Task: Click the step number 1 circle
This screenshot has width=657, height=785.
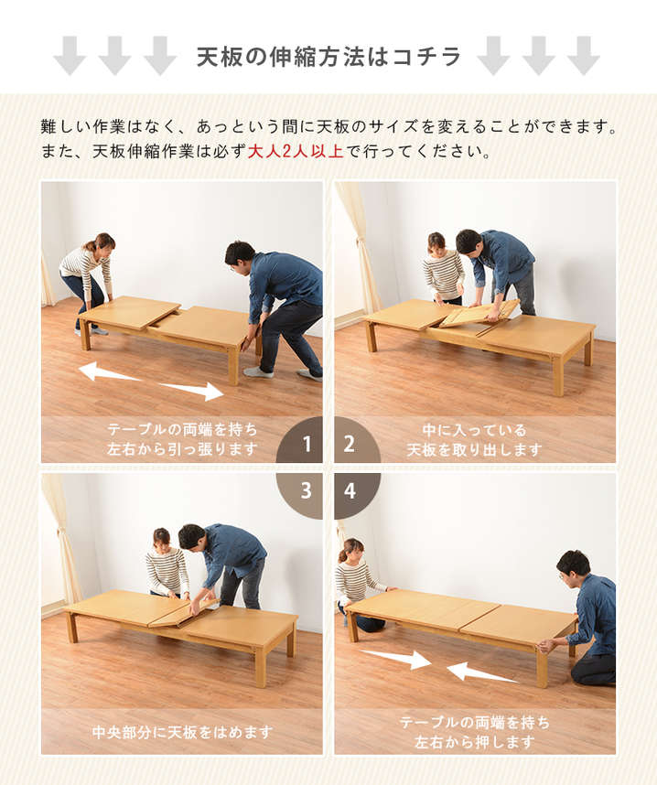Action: pos(302,441)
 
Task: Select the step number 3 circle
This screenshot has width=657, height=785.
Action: pos(302,494)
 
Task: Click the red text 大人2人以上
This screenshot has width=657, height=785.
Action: pos(296,151)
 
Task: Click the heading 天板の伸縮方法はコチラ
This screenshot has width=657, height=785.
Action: pos(328,57)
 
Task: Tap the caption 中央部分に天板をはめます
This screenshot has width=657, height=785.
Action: pos(182,733)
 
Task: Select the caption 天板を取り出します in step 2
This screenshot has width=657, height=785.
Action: pos(474,449)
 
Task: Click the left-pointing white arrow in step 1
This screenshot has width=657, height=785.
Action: pos(109,372)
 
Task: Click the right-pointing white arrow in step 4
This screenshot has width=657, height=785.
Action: pos(395,658)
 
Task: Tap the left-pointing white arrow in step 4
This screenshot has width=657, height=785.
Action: pos(481,672)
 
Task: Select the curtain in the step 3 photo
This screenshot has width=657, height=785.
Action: pos(62,537)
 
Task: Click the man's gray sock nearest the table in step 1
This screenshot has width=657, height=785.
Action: pos(258,372)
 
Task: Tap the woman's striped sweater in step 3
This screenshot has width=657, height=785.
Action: pos(167,571)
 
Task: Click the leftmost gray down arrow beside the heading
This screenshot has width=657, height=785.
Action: pos(70,56)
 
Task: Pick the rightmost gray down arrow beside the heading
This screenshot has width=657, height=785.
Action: pos(584,56)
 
